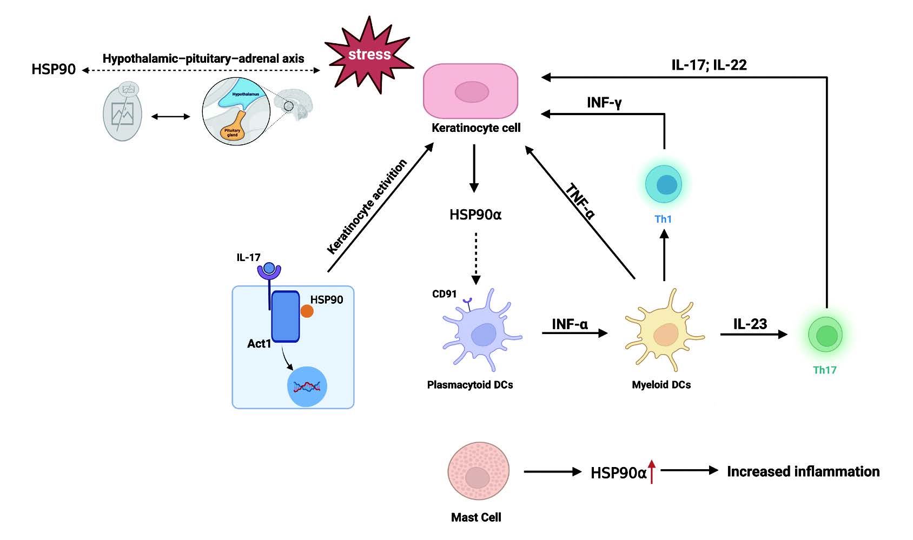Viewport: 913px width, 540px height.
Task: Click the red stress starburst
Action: (369, 55)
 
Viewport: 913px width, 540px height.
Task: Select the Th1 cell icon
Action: (664, 184)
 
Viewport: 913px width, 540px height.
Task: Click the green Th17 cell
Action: (825, 335)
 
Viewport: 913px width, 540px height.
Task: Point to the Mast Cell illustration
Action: (478, 471)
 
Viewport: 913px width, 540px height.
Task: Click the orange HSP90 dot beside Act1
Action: (307, 311)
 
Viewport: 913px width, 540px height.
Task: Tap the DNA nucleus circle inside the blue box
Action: (307, 386)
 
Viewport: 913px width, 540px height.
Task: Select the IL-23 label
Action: (750, 324)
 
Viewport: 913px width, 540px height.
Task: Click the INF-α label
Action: (570, 324)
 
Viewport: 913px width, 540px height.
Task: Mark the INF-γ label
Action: (604, 103)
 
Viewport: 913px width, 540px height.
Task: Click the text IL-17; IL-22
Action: (709, 65)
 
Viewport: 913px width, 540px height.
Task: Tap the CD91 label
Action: (444, 294)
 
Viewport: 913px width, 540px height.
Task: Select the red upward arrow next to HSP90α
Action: (652, 471)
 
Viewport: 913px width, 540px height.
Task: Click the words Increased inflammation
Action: (803, 471)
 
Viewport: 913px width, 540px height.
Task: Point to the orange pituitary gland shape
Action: (233, 128)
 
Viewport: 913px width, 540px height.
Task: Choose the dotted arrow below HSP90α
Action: (475, 258)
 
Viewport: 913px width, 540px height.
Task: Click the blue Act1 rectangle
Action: (286, 317)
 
